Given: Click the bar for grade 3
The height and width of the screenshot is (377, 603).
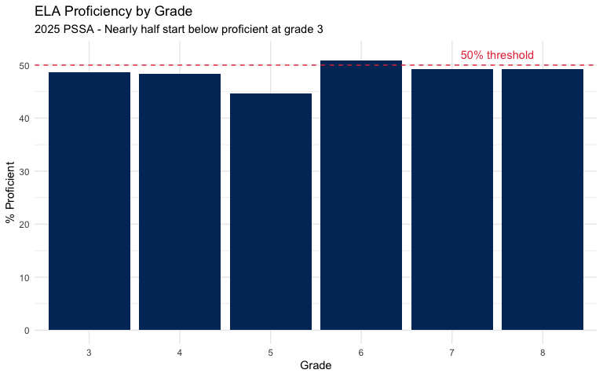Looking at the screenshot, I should [90, 201].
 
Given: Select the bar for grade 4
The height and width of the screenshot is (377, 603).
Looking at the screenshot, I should [180, 202].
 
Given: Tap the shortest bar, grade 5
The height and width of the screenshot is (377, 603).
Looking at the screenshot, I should [271, 212].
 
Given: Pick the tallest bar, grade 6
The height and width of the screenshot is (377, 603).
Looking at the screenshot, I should [361, 196].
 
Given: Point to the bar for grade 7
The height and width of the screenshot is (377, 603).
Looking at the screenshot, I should [452, 199].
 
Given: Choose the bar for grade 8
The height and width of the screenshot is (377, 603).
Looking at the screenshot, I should [543, 199].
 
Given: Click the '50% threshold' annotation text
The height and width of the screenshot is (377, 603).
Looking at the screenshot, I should [497, 55].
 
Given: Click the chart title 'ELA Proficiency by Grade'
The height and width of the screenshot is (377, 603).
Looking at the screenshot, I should [114, 13].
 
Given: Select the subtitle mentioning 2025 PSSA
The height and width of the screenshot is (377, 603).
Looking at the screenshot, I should [179, 30].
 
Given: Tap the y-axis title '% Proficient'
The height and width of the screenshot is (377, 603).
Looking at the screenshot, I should [10, 192].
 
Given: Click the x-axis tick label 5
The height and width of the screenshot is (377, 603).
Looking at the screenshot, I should [271, 353].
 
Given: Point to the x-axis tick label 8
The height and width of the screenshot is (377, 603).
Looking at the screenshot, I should [543, 353].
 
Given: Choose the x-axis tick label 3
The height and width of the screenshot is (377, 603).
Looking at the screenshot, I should [90, 353].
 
